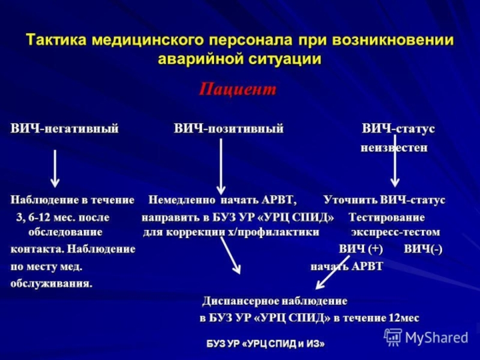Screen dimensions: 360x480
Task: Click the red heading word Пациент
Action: (x=238, y=89)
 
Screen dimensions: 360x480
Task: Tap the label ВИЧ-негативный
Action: (x=64, y=129)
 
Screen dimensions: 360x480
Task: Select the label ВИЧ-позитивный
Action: (x=229, y=129)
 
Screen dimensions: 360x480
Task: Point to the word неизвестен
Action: (x=394, y=148)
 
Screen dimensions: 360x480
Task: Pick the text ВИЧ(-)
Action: (x=423, y=249)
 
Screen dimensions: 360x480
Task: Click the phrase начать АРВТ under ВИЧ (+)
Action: (x=346, y=266)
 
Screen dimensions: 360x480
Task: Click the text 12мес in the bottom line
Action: (x=404, y=317)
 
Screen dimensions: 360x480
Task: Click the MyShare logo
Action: (x=427, y=337)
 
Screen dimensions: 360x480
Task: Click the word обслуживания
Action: (x=52, y=283)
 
